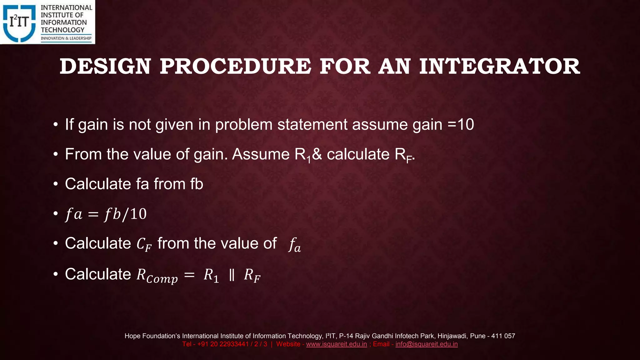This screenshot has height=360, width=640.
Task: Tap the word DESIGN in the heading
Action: tap(105, 67)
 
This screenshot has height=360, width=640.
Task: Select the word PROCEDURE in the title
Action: tap(235, 67)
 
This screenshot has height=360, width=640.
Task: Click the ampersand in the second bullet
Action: tap(317, 154)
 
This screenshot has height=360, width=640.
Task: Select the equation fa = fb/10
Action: tap(106, 214)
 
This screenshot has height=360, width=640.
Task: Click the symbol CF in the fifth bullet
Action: tap(144, 244)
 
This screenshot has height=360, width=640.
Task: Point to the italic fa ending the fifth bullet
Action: tap(294, 244)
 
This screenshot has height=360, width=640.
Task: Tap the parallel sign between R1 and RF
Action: tap(232, 275)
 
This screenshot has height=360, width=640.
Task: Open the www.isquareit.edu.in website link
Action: tap(336, 344)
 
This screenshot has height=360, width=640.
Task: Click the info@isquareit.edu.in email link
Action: tap(426, 344)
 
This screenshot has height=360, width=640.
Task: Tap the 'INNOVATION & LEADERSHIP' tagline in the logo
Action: tap(66, 38)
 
